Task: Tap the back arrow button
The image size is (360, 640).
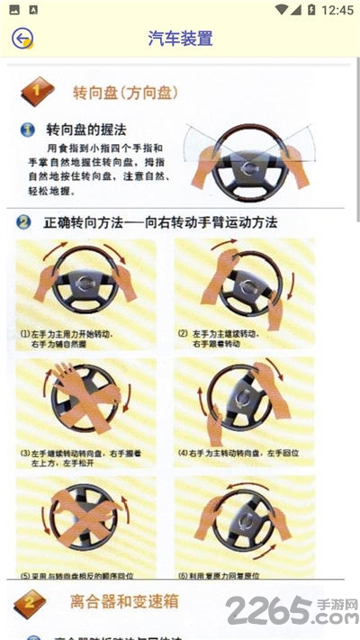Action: (22, 38)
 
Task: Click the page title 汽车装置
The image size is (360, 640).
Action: (180, 39)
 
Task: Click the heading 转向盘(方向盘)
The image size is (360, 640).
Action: (125, 92)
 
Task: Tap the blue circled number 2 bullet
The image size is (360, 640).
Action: (23, 221)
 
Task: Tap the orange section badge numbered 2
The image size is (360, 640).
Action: (31, 600)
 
